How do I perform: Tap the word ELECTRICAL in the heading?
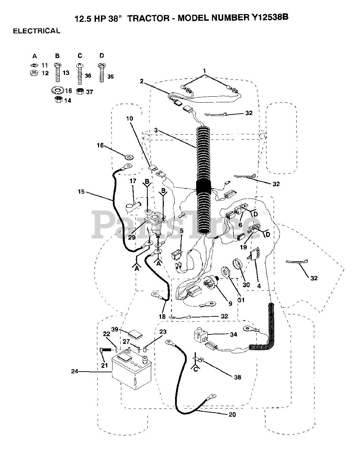pyautogui.click(x=37, y=31)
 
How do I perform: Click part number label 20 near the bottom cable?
pyautogui.click(x=232, y=414)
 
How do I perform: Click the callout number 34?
pyautogui.click(x=233, y=334)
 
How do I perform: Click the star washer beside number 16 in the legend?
pyautogui.click(x=57, y=91)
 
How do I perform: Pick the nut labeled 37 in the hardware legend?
pyautogui.click(x=80, y=91)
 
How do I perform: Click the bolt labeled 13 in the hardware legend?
pyautogui.click(x=58, y=72)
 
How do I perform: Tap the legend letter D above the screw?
pyautogui.click(x=102, y=56)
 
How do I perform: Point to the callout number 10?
pyautogui.click(x=129, y=118)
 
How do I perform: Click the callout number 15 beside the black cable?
pyautogui.click(x=81, y=192)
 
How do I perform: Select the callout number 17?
pyautogui.click(x=133, y=181)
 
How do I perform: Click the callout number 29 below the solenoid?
pyautogui.click(x=132, y=237)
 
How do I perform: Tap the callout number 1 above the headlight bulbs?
pyautogui.click(x=204, y=71)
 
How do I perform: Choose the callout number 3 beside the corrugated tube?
pyautogui.click(x=156, y=130)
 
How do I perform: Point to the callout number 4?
pyautogui.click(x=259, y=286)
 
